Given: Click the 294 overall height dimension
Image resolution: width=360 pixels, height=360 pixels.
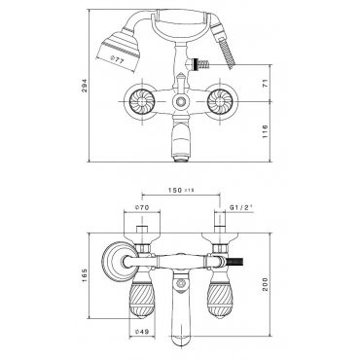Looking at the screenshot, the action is (x=85, y=86).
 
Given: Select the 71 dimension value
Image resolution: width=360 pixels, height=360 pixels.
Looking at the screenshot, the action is (x=266, y=84).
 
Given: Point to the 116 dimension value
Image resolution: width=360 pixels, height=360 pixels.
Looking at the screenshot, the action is (x=266, y=131).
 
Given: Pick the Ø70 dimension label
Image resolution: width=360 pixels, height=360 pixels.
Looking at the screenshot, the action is (x=141, y=208).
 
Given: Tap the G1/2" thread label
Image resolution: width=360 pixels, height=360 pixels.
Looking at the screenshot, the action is (x=241, y=207).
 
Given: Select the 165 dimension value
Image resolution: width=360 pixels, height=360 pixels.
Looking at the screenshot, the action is (x=85, y=275).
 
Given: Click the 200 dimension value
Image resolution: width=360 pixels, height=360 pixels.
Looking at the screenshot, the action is (x=266, y=284).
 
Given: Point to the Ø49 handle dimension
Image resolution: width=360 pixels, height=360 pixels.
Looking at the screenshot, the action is (x=141, y=332).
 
